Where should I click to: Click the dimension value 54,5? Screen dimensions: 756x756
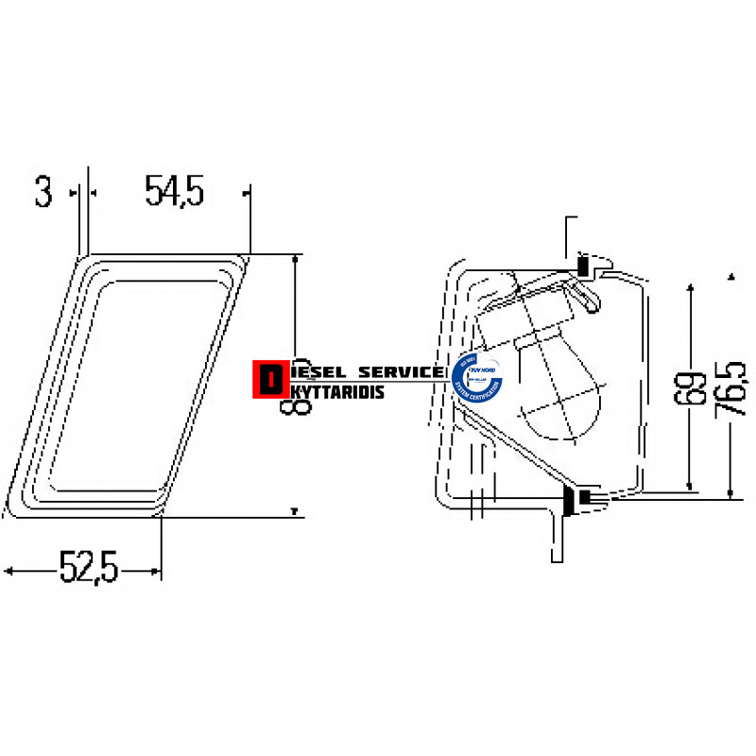coord(175,191)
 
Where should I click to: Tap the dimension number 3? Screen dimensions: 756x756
coord(43,191)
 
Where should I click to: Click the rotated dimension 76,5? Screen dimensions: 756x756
coord(733,387)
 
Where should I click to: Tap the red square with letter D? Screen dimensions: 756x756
coord(271,378)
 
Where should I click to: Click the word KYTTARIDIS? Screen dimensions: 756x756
coord(335,390)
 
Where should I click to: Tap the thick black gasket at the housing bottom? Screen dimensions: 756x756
coord(570,500)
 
